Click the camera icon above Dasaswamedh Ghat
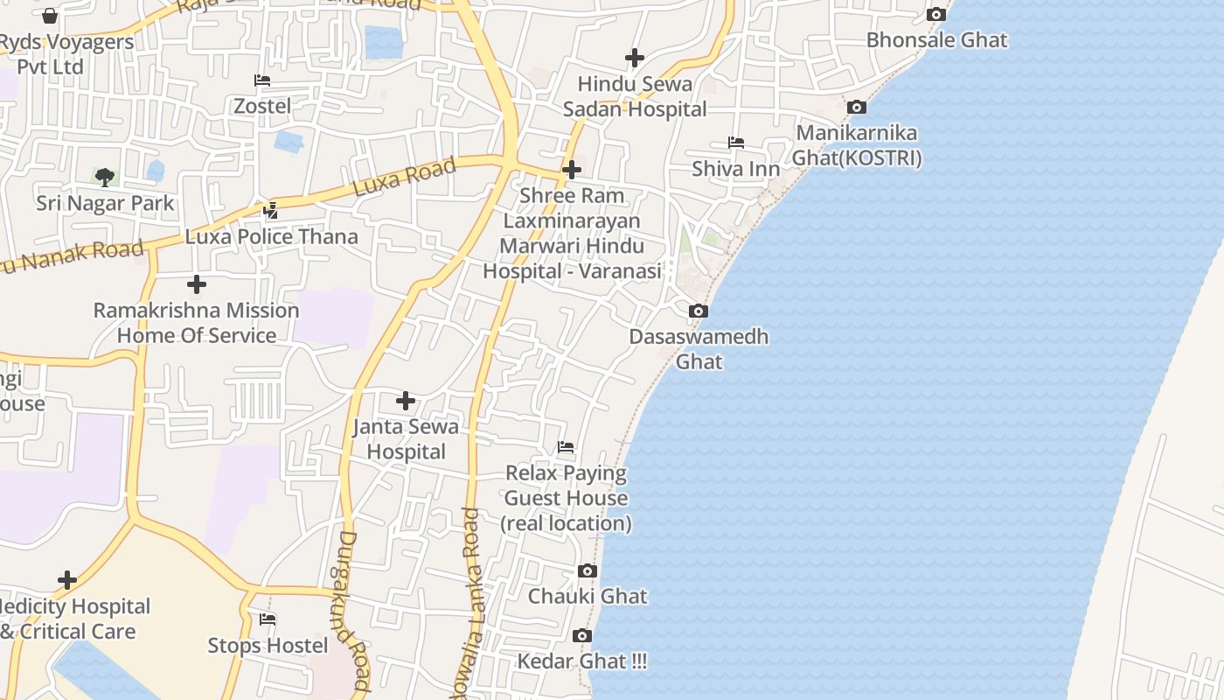698,311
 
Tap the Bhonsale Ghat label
936,40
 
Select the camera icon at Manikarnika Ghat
857,107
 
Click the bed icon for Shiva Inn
736,143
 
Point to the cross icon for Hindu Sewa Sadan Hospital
635,58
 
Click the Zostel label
262,106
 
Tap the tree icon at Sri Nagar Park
105,178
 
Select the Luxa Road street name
405,177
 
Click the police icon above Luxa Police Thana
271,210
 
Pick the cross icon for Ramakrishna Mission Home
197,284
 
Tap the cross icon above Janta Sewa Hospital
406,401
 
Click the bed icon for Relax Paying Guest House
566,447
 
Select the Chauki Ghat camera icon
588,571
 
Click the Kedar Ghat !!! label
582,661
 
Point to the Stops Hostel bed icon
268,619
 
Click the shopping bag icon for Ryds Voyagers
50,16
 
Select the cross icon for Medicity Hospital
67,580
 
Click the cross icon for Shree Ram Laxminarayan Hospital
572,169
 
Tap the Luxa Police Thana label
271,236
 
